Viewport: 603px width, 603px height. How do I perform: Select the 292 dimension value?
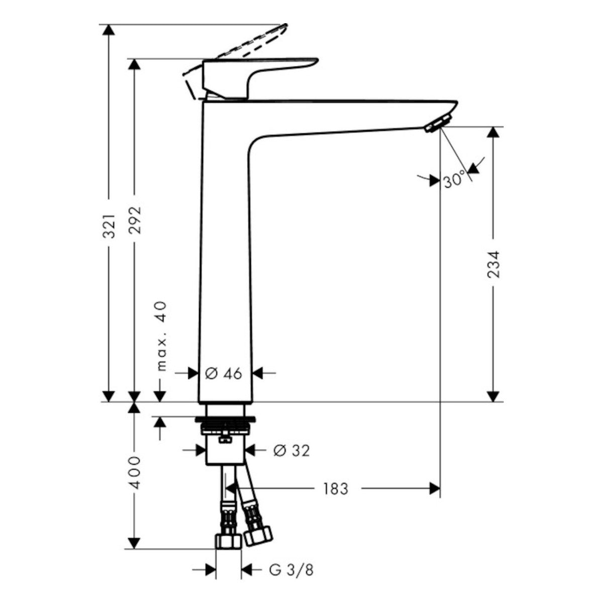pos(135,220)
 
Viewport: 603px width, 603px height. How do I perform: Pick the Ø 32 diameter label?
pos(291,451)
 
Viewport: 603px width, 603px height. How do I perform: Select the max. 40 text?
pos(161,336)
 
